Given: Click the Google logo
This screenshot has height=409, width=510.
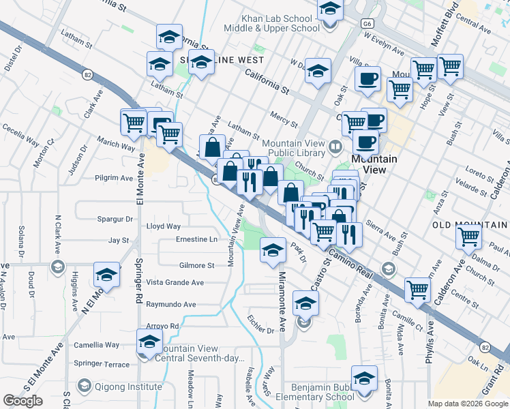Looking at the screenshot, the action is [x=22, y=401].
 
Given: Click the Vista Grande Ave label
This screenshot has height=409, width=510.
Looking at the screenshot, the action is [x=175, y=282].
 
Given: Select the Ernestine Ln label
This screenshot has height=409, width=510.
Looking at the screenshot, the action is [x=196, y=239].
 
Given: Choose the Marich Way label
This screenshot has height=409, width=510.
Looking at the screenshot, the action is [x=116, y=145].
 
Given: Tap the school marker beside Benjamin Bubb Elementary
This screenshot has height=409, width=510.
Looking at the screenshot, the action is [x=365, y=379].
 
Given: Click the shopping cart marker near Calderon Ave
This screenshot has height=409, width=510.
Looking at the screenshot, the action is [x=469, y=237].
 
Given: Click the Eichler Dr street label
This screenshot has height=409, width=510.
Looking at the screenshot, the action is [x=261, y=330].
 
